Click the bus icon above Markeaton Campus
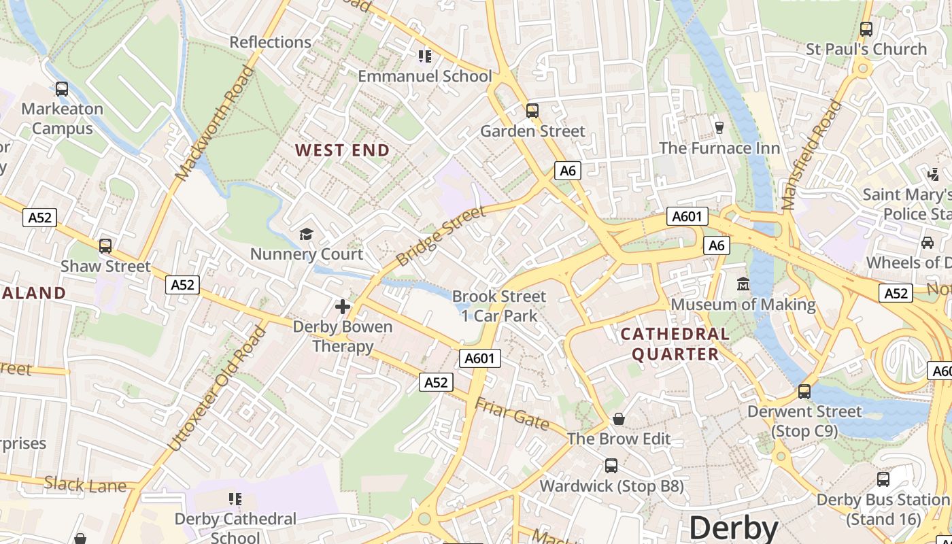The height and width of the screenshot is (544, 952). tap(62, 88)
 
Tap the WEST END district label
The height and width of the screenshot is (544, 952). tap(343, 150)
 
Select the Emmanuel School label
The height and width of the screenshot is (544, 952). tap(424, 76)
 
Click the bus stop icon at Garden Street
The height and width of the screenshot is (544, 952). tap(532, 110)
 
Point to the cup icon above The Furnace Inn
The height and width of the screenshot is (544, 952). tap(719, 127)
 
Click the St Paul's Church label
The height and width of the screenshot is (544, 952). tap(866, 49)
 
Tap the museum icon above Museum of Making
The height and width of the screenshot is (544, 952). tap(743, 284)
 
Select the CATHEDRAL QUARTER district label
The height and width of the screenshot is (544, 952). tap(675, 343)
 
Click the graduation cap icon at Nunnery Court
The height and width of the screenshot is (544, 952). tap(306, 235)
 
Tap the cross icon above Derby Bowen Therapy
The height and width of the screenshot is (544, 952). tap(343, 307)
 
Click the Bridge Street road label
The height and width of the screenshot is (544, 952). tap(441, 236)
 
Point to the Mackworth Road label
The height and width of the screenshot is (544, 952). tap(214, 123)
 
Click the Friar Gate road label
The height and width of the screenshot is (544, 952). tap(512, 413)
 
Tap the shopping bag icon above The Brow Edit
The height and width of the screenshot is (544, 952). tap(619, 419)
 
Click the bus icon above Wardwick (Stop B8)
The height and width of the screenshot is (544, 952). tap(611, 466)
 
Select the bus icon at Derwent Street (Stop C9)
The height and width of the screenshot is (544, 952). tap(804, 391)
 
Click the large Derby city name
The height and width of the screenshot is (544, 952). tap(733, 528)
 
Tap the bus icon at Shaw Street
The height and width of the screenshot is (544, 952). tap(105, 246)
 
